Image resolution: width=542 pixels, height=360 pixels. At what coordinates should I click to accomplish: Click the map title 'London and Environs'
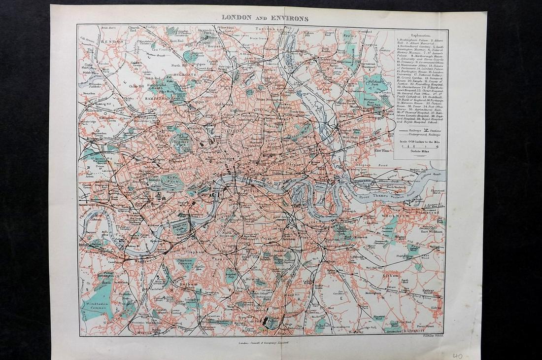(x=265, y=18)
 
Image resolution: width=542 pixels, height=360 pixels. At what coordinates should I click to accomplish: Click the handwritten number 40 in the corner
(x=458, y=356)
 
